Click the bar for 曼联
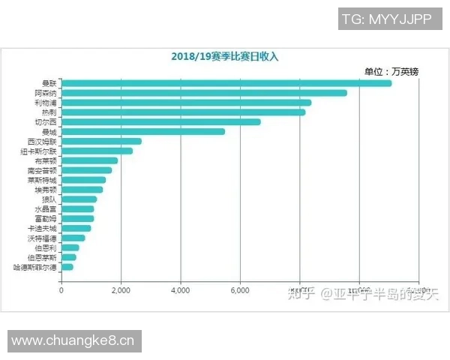(x=225, y=83)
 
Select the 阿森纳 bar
(x=203, y=93)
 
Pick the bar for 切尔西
(x=160, y=121)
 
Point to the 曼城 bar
(x=142, y=131)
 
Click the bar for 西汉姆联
(x=100, y=141)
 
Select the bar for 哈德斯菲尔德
(x=67, y=267)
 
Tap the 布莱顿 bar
(x=89, y=160)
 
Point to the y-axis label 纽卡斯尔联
(x=38, y=151)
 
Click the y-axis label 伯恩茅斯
(x=42, y=257)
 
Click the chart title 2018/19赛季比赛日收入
(x=224, y=56)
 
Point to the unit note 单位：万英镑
(x=391, y=71)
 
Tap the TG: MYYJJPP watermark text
(x=386, y=20)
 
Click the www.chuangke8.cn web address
(x=73, y=341)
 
